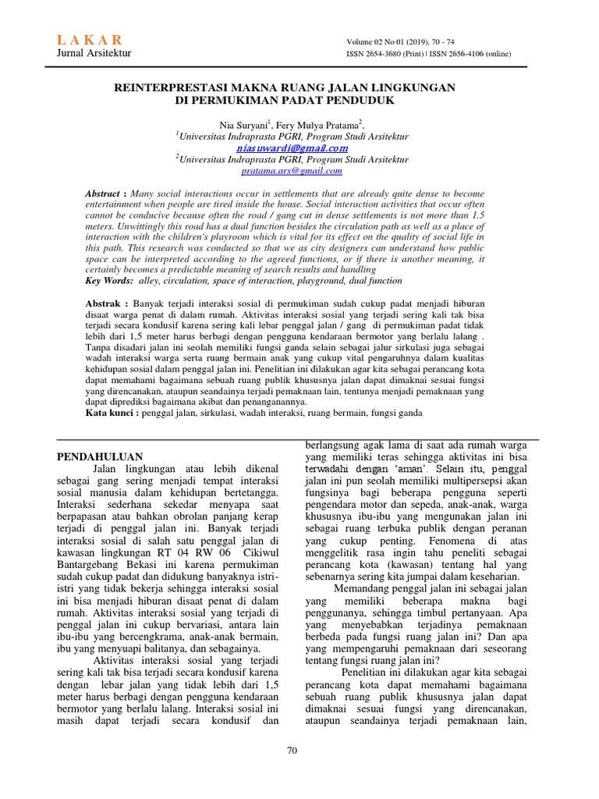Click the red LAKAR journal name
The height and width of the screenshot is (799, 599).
coord(90,41)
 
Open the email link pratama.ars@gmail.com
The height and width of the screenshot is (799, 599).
coord(292,170)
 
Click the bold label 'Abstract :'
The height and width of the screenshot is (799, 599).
coord(105,193)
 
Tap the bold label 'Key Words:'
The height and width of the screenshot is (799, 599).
coord(108,280)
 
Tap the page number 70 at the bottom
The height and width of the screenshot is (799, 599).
coord(292,751)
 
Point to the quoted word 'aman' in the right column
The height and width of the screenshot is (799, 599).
coord(402,469)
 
